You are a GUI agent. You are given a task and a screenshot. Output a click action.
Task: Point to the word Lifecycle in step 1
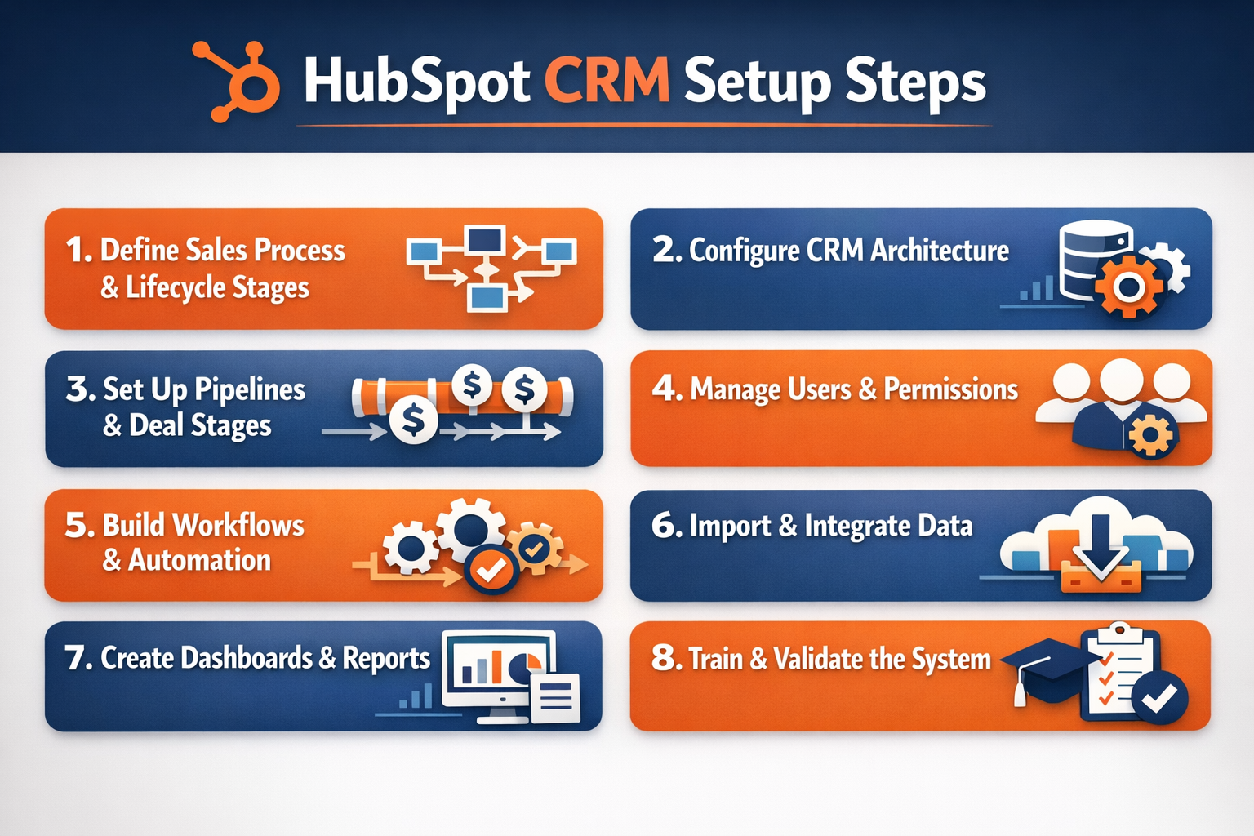tap(175, 287)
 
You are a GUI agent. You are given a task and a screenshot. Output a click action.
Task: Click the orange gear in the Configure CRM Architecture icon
tap(1129, 286)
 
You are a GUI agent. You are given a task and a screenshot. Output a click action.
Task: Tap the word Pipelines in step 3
tap(248, 390)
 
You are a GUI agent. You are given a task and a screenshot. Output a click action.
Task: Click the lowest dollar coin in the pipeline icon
tap(413, 420)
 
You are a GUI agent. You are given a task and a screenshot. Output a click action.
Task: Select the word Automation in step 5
tap(199, 560)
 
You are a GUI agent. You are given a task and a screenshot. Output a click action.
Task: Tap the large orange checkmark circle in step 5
tap(490, 571)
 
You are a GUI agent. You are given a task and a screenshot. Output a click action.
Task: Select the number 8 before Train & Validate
tap(664, 658)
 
